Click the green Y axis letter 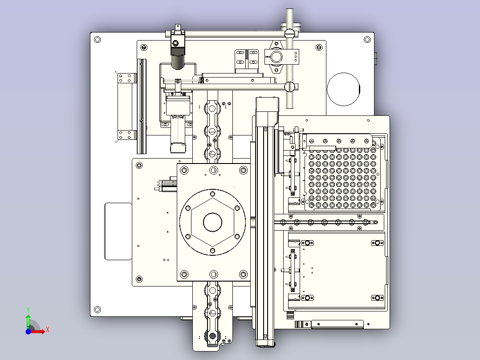pyautogui.click(x=28, y=310)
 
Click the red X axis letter pyautogui.click(x=48, y=330)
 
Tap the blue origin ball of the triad pyautogui.click(x=28, y=331)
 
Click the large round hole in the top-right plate pyautogui.click(x=343, y=89)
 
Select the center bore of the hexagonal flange pyautogui.click(x=212, y=222)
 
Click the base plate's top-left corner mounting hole pyautogui.click(x=98, y=40)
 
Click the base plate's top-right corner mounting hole pyautogui.click(x=367, y=39)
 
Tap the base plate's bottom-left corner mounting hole pyautogui.click(x=98, y=310)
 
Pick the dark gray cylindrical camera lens pyautogui.click(x=178, y=62)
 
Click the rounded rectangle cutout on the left pyautogui.click(x=118, y=231)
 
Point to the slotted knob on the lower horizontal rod pyautogui.click(x=289, y=87)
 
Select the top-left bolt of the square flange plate pyautogui.click(x=184, y=170)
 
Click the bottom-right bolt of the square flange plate pyautogui.click(x=244, y=274)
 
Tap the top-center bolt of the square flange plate pyautogui.click(x=214, y=170)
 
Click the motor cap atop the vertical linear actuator pyautogui.click(x=267, y=104)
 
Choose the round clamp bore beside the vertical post pyautogui.click(x=277, y=57)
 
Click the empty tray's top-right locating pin pyautogui.click(x=378, y=243)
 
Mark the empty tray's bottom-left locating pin pyautogui.click(x=307, y=298)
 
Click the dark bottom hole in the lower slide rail pyautogui.click(x=212, y=336)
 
